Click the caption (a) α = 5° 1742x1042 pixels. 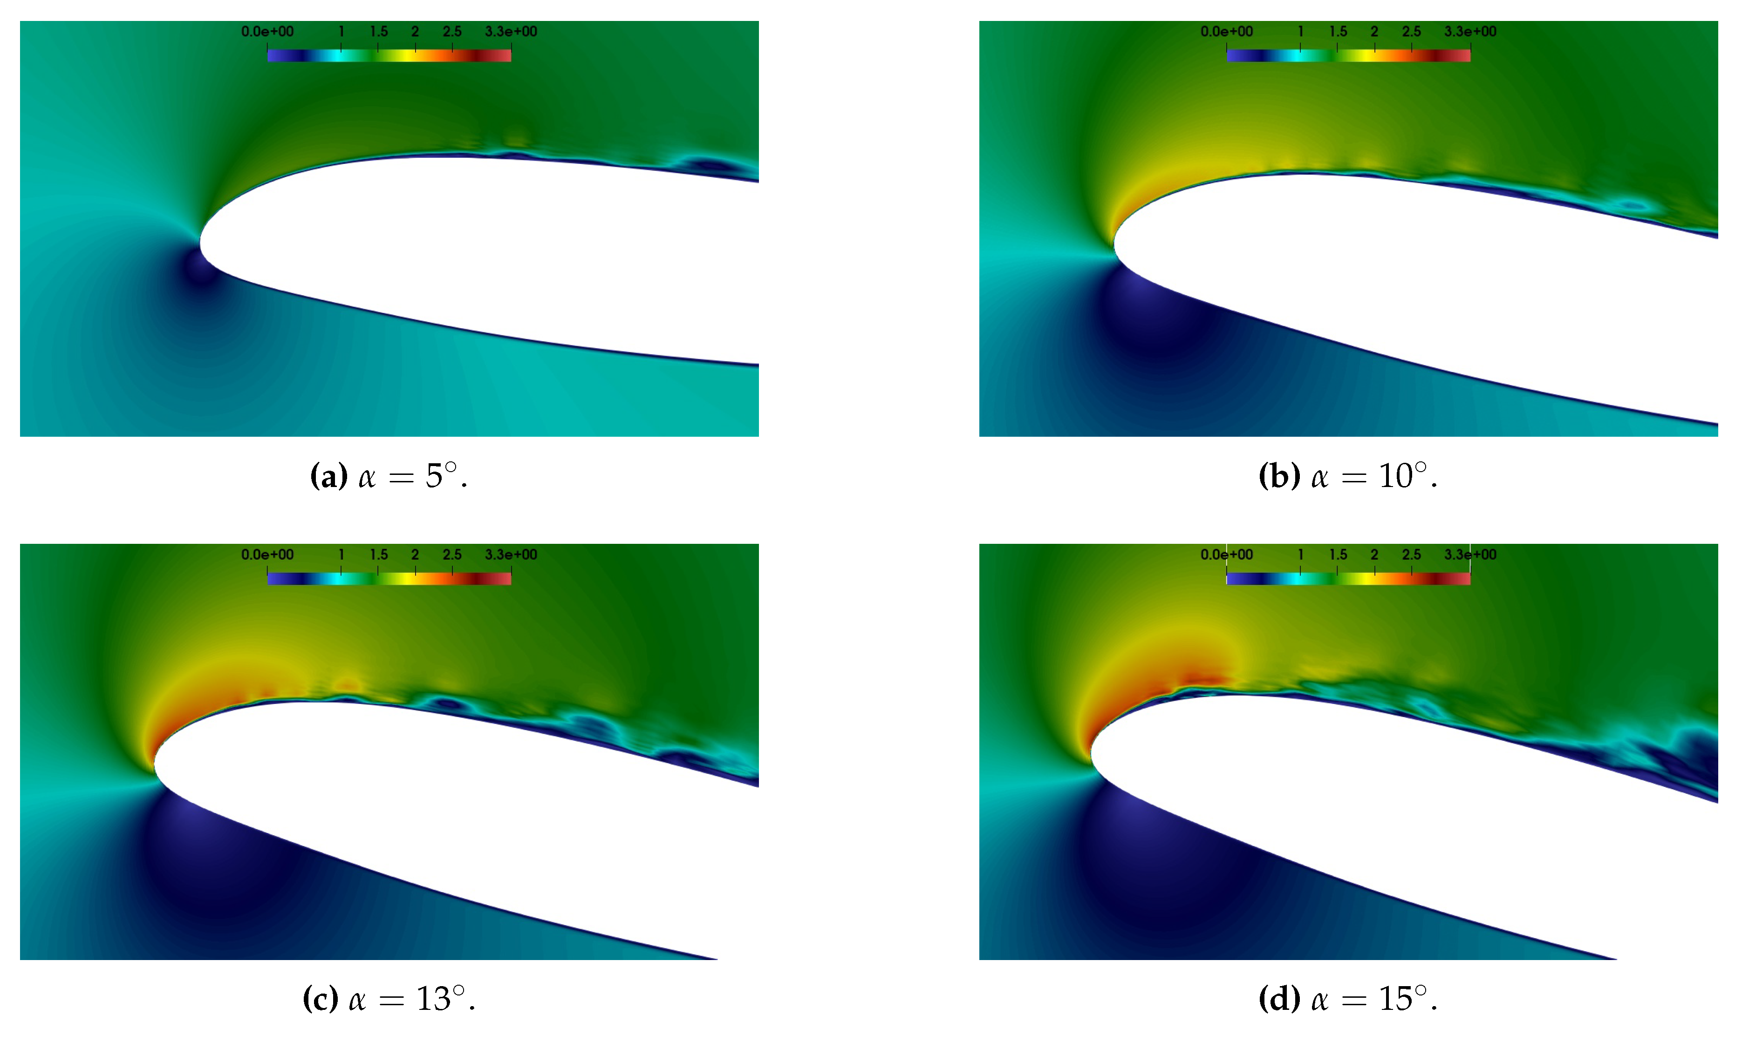tap(389, 477)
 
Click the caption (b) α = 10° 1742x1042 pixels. tap(1348, 477)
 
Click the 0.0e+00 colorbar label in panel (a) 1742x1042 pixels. tap(267, 32)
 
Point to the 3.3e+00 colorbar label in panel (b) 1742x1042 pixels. tap(1470, 32)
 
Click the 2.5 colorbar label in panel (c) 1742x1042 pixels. tap(452, 555)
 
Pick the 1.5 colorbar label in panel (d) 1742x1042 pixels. tap(1338, 555)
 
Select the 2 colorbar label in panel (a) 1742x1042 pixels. tap(415, 32)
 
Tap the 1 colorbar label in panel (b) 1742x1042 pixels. tap(1301, 32)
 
